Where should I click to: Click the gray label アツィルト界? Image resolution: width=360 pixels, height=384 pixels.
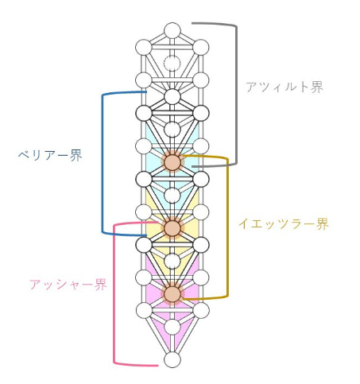coord(285,87)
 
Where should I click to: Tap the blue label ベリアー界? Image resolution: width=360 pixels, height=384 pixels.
coord(50,155)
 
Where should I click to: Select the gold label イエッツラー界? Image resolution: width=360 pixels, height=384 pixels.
coord(284,224)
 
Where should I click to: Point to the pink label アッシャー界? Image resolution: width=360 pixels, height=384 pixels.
coord(68,285)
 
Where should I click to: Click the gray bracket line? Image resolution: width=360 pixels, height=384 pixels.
coord(236,95)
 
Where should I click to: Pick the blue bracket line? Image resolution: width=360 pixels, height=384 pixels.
coord(103,163)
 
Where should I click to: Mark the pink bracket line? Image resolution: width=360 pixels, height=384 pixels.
coord(114,294)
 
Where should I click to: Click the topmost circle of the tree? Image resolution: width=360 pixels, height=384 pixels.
coord(172,31)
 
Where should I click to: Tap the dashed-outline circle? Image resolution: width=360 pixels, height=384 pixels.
coord(172,64)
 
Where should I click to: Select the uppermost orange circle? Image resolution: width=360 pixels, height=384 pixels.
coord(172,162)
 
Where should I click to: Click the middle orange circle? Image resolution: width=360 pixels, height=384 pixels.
coord(172,228)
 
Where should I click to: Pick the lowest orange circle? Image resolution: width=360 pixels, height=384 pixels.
coord(172,294)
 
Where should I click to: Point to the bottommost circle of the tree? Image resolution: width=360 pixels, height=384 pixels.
coord(172,359)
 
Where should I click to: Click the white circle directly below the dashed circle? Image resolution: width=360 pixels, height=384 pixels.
coord(172,97)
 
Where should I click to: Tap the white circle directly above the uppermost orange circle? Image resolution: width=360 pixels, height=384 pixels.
coord(172,130)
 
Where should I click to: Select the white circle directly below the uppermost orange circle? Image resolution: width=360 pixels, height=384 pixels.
coord(172,196)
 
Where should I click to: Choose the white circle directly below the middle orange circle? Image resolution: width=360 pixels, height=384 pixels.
coord(172,261)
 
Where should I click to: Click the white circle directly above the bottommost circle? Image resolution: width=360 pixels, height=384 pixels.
coord(172,327)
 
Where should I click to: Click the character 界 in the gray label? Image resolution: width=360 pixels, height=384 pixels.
coord(317,87)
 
